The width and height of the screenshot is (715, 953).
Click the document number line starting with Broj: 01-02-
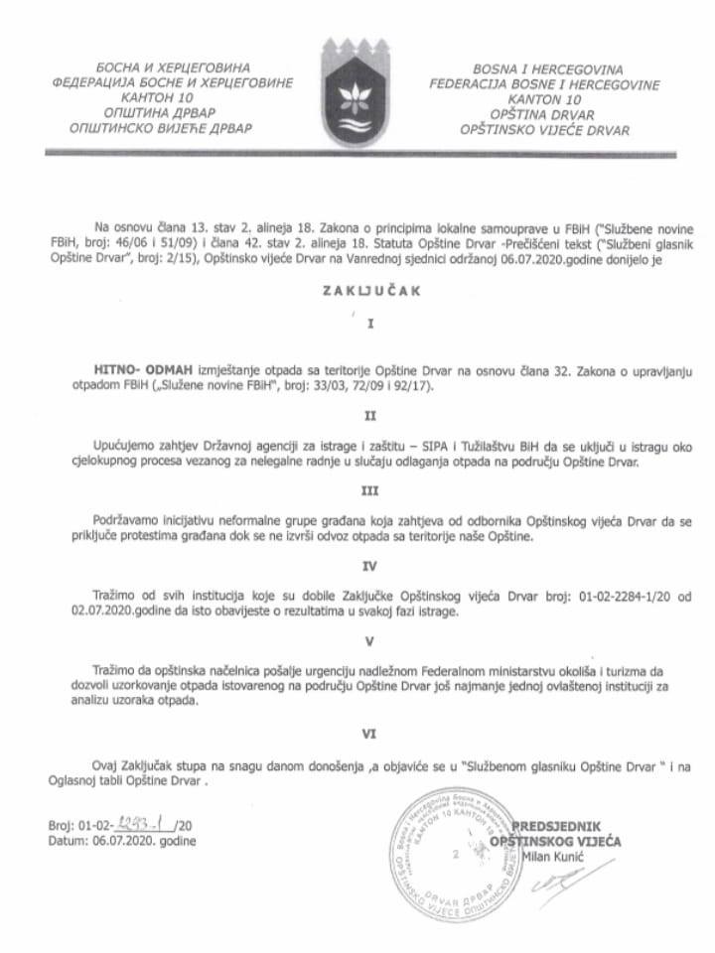pos(119,825)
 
